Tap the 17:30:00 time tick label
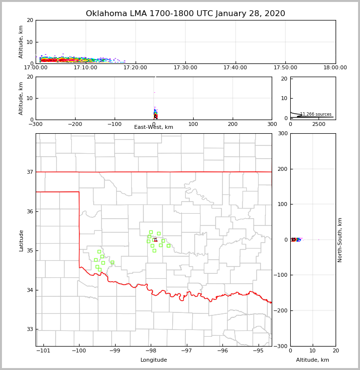pyautogui.click(x=185, y=68)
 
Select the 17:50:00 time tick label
pyautogui.click(x=285, y=68)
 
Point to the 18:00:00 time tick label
pyautogui.click(x=335, y=68)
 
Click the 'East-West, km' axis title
pyautogui.click(x=154, y=127)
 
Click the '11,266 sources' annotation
pyautogui.click(x=316, y=114)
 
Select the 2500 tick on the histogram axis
pyautogui.click(x=319, y=124)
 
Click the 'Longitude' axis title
pyautogui.click(x=154, y=360)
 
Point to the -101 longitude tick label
pyautogui.click(x=43, y=351)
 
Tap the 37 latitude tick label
pyautogui.click(x=29, y=172)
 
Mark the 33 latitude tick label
pyautogui.click(x=29, y=329)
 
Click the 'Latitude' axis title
pyautogui.click(x=21, y=240)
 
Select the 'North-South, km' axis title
pyautogui.click(x=340, y=240)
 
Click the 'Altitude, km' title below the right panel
pyautogui.click(x=313, y=360)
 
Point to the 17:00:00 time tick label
pyautogui.click(x=36, y=68)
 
